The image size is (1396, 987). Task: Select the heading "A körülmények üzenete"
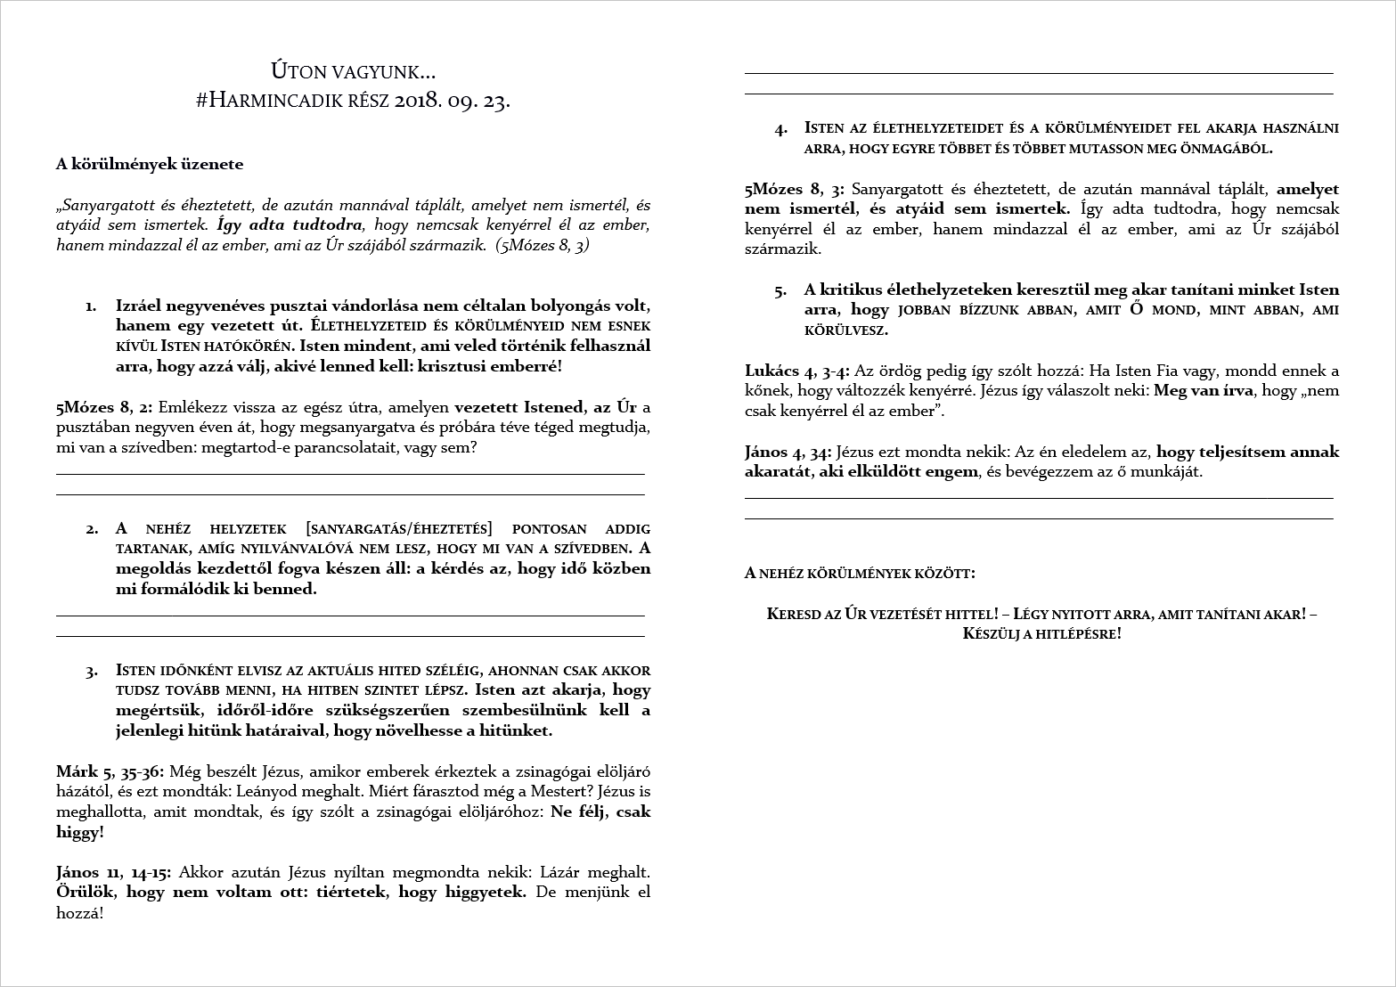(149, 164)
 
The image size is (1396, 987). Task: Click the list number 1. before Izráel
(91, 306)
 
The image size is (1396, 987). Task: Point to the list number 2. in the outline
(91, 529)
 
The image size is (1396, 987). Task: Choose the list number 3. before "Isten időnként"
(91, 671)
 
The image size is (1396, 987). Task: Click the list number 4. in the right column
(780, 129)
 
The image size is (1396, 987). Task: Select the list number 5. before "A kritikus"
(780, 290)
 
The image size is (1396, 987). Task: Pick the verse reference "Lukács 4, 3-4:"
(797, 371)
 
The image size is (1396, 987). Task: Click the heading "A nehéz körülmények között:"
(860, 573)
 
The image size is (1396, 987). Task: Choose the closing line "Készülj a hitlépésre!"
(1041, 634)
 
